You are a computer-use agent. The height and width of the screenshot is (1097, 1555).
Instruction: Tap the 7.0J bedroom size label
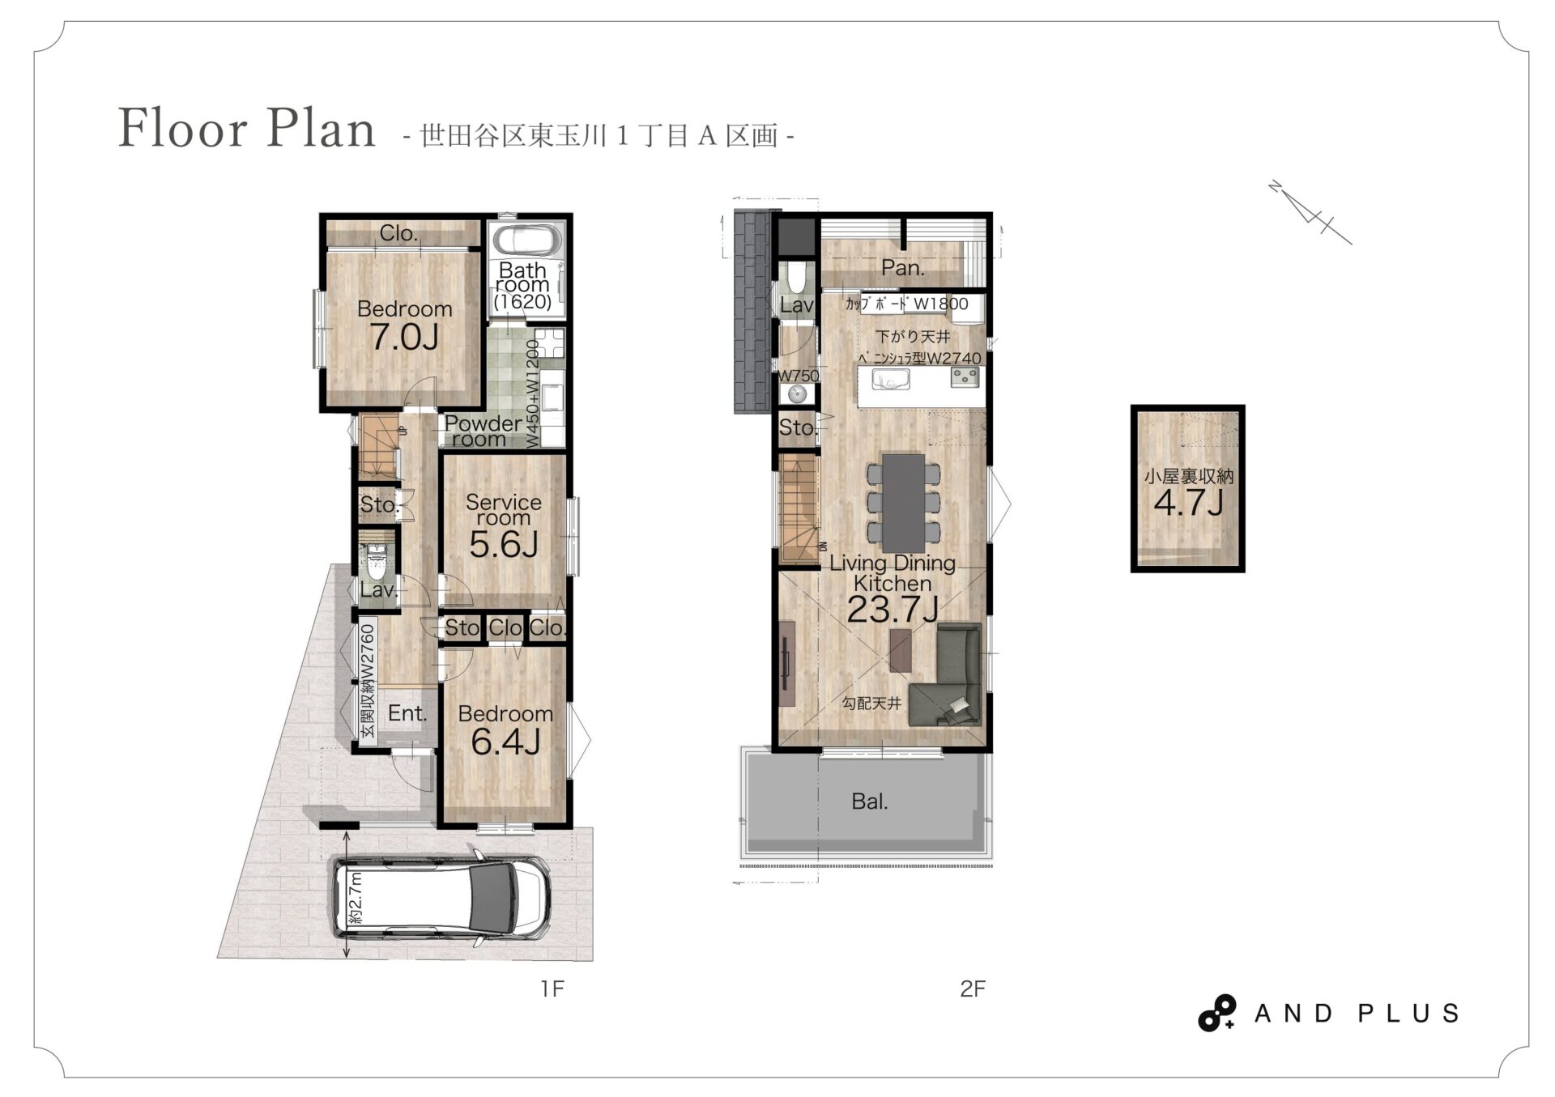[x=405, y=337]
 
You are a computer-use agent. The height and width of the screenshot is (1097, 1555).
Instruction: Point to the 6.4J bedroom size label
[x=505, y=742]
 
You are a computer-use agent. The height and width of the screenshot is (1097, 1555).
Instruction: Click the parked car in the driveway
[x=441, y=899]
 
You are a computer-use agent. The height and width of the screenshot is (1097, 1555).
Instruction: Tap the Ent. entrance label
[x=407, y=713]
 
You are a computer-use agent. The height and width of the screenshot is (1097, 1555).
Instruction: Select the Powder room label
[x=484, y=432]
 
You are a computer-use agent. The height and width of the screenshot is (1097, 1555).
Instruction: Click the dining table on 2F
[x=904, y=501]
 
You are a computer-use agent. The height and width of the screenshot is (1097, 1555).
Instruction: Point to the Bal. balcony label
[x=870, y=801]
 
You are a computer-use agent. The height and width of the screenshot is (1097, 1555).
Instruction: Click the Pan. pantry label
[x=903, y=267]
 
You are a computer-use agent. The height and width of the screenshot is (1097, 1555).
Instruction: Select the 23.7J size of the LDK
[x=893, y=610]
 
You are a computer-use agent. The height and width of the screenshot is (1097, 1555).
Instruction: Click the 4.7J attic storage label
[x=1188, y=504]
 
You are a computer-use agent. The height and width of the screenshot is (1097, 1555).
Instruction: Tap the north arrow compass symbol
[x=1310, y=212]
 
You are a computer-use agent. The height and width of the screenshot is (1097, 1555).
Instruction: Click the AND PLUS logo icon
[x=1217, y=1013]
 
